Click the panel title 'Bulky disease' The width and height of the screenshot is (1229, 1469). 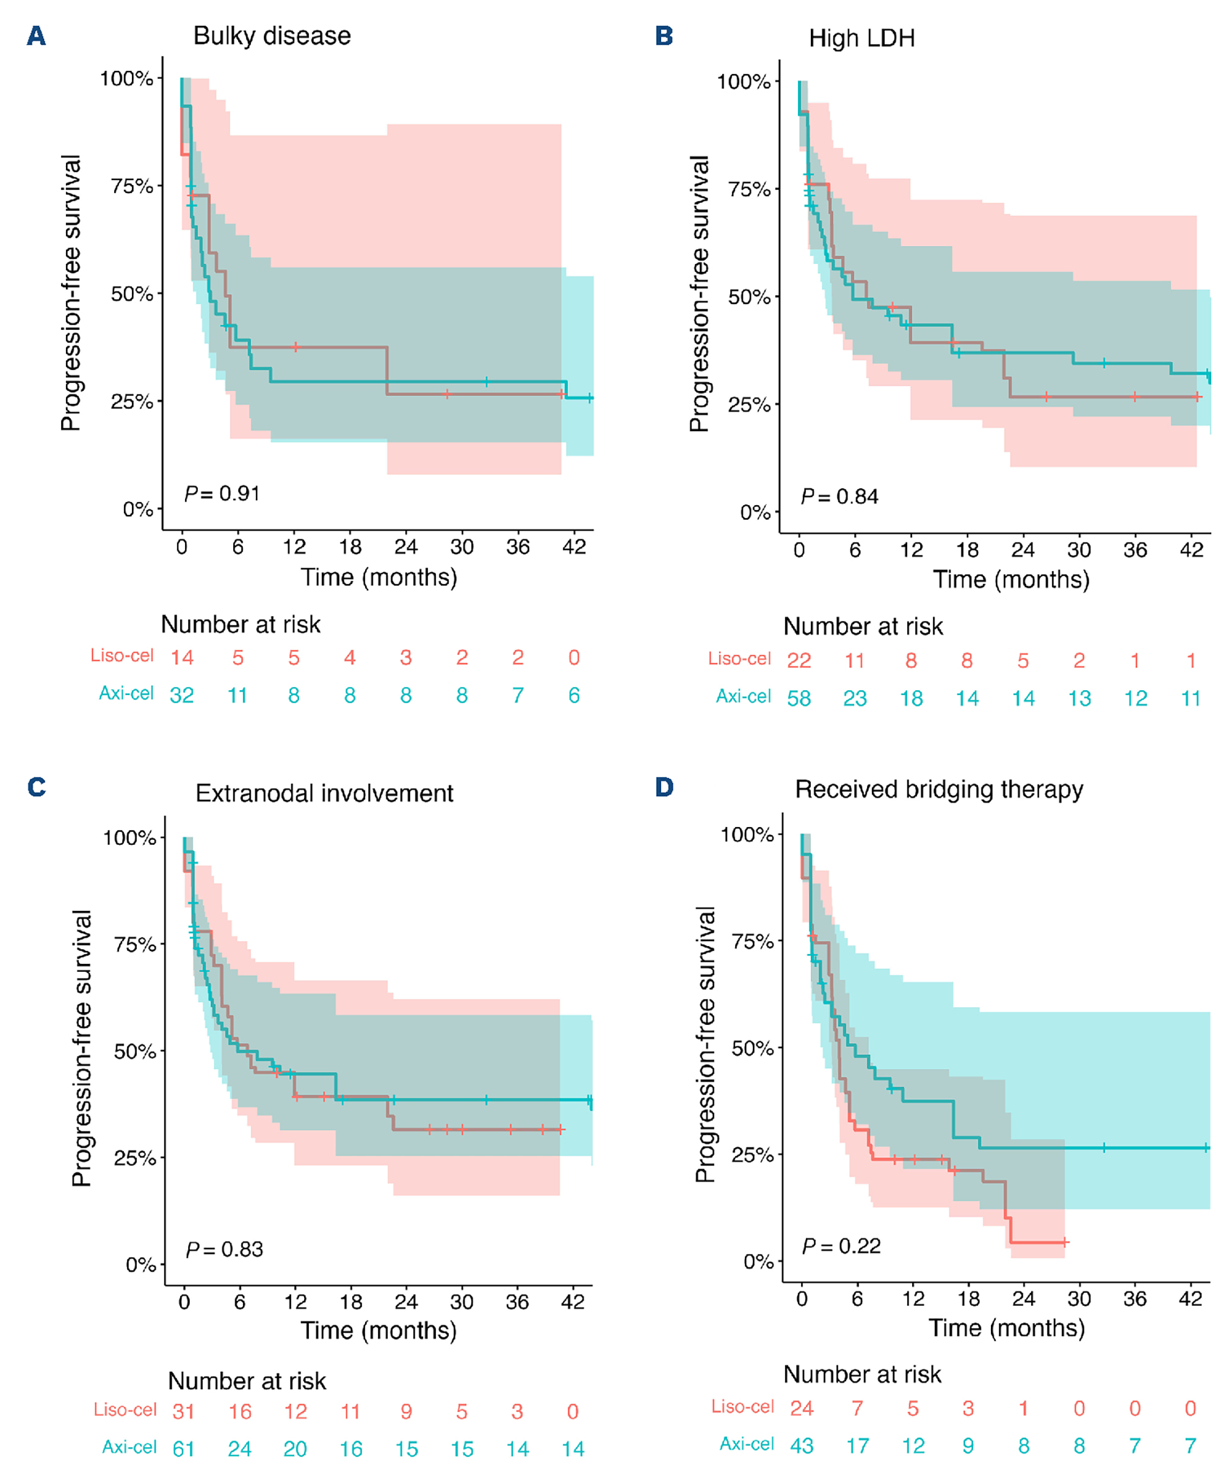(x=272, y=35)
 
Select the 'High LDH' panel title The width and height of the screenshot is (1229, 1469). (x=861, y=38)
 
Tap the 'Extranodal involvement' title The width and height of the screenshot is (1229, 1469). (x=324, y=793)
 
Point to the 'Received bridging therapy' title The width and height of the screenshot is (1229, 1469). (x=938, y=789)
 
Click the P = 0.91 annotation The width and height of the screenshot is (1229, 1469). (x=222, y=494)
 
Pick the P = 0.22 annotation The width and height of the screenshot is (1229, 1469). (x=841, y=1246)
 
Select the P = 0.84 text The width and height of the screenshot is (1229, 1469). (x=839, y=497)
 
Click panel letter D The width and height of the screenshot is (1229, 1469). (x=664, y=787)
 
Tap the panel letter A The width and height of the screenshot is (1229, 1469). (x=37, y=35)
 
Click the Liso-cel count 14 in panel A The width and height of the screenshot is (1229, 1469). (x=182, y=658)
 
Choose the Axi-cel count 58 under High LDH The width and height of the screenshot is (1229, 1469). (x=799, y=698)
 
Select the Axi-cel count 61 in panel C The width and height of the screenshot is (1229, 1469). (x=183, y=1448)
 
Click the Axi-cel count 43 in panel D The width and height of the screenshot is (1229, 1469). (x=801, y=1445)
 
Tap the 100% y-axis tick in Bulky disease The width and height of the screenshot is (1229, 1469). (x=126, y=78)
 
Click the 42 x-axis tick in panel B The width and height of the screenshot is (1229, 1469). (x=1191, y=550)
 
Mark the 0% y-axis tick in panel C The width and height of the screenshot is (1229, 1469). (x=140, y=1265)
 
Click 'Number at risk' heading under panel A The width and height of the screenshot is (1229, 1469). (x=241, y=624)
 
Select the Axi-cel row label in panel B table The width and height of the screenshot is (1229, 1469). (x=743, y=696)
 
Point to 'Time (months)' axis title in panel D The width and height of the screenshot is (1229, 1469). (x=1006, y=1328)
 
